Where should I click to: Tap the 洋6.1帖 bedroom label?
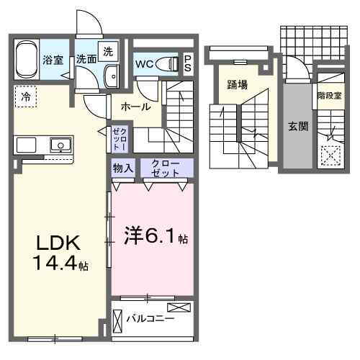150,235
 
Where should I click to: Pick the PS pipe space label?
187,63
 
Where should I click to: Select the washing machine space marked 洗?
107,52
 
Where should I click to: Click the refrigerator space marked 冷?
25,96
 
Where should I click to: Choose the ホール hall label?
136,107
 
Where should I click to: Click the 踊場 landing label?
238,85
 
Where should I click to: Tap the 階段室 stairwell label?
328,94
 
